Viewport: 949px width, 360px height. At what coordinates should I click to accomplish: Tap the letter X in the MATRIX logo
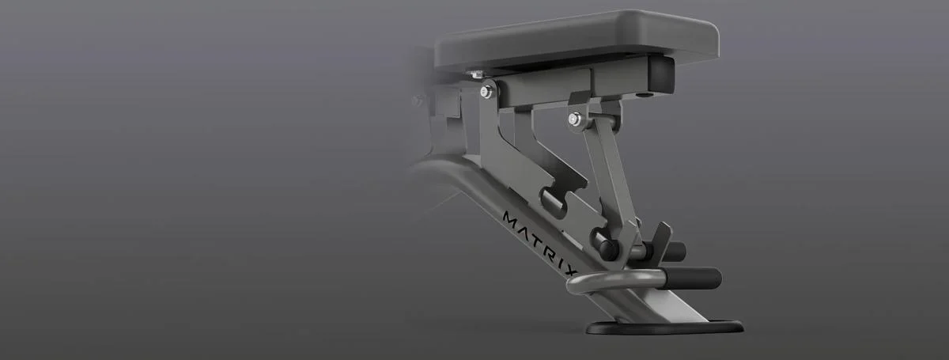point(572,271)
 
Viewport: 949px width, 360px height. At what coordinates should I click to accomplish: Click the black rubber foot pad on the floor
point(664,328)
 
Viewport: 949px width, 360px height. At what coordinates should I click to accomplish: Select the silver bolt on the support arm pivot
point(575,119)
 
